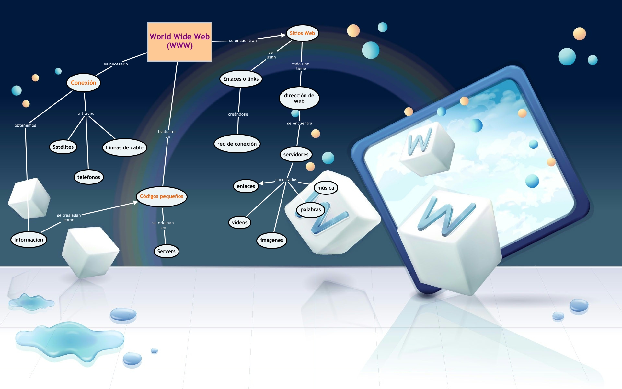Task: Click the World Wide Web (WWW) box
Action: coord(180,42)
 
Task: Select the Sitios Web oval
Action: coord(302,33)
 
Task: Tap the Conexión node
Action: coord(84,83)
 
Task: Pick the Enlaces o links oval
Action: coord(241,79)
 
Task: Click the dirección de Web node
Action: coord(299,98)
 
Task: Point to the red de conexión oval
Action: coord(237,144)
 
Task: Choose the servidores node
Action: coord(296,154)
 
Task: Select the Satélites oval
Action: coord(63,147)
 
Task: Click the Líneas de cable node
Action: coord(124,147)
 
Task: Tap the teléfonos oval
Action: coord(88,177)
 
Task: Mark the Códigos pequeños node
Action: coord(161,196)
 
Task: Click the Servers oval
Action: coord(166,251)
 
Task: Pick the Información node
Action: coord(29,240)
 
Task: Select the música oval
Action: coord(326,188)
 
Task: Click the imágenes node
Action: coord(271,240)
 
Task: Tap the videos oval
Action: coord(239,222)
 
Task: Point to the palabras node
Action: coord(310,209)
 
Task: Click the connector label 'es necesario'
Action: coord(116,64)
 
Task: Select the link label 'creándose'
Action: coord(238,114)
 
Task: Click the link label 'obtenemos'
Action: coord(25,125)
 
